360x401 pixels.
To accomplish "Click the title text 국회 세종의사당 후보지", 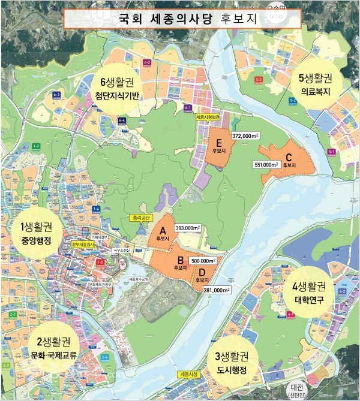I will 179,19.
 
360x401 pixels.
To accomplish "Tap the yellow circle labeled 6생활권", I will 125,83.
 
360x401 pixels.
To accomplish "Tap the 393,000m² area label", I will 188,228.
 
